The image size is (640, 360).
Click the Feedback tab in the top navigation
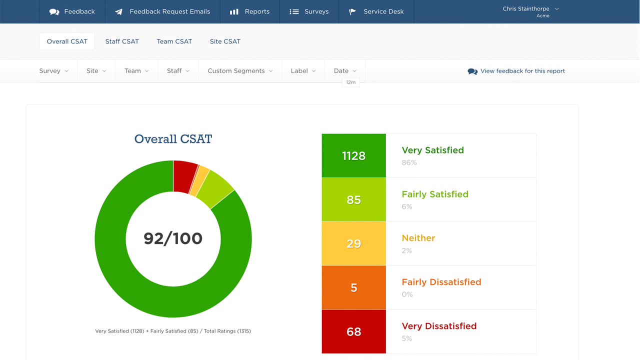pos(72,11)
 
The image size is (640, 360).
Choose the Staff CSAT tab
pos(122,41)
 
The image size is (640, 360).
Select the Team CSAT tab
pos(174,41)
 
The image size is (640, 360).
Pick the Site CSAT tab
pos(225,41)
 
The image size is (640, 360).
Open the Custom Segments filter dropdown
pos(240,71)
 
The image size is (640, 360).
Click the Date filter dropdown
pos(345,71)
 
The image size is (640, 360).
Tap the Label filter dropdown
pos(303,71)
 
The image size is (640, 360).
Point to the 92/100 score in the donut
pos(173,238)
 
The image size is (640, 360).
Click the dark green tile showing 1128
pos(353,156)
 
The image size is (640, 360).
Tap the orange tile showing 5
pos(353,287)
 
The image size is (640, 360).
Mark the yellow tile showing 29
pos(353,243)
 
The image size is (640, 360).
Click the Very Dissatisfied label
pos(439,326)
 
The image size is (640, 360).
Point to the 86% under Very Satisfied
pos(409,162)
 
